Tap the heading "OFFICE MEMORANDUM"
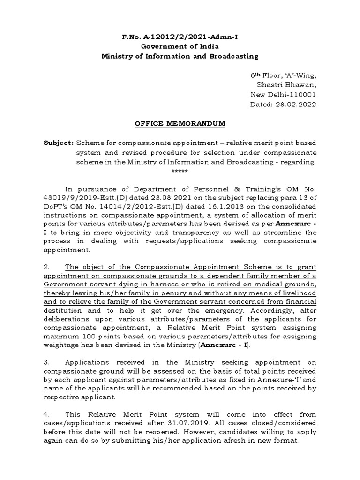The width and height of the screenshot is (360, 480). click(x=180, y=124)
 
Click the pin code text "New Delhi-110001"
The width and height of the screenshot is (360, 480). click(x=284, y=95)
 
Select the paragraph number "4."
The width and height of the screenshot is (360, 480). click(x=47, y=415)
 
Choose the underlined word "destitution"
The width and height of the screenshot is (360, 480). click(x=64, y=311)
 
